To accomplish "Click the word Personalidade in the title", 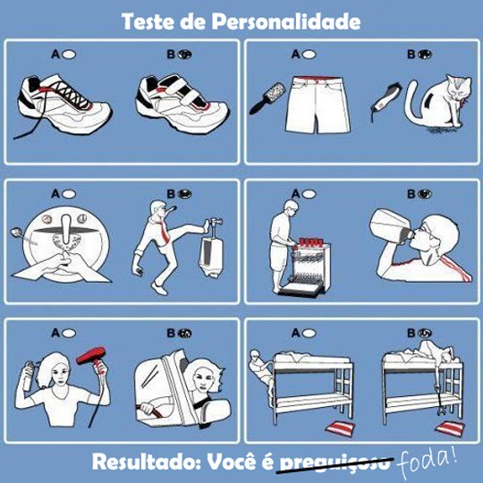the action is pyautogui.click(x=286, y=21).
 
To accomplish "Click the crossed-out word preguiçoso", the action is pyautogui.click(x=335, y=463).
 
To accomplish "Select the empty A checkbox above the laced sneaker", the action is pyautogui.click(x=69, y=55).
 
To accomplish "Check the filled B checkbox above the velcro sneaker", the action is pyautogui.click(x=184, y=55).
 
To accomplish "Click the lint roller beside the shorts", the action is pyautogui.click(x=267, y=97).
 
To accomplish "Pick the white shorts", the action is pyautogui.click(x=318, y=105).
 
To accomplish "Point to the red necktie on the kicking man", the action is pyautogui.click(x=164, y=232).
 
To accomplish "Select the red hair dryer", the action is pyautogui.click(x=92, y=357).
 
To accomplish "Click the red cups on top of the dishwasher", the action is pyautogui.click(x=309, y=243).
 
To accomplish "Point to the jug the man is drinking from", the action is pyautogui.click(x=391, y=225).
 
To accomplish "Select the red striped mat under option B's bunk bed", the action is pyautogui.click(x=450, y=428).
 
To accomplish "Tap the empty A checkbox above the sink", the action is pyautogui.click(x=69, y=194).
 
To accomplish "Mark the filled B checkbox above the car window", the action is pyautogui.click(x=184, y=334).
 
